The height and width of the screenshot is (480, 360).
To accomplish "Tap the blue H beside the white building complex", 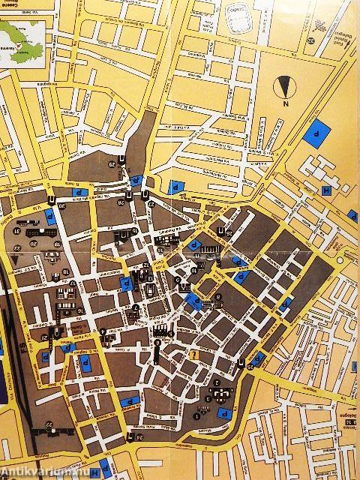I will (x=327, y=190).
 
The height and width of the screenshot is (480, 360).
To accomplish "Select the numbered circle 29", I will (x=113, y=164).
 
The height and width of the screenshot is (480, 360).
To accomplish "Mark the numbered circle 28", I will (x=121, y=203).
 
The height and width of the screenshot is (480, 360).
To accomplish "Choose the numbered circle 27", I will (x=151, y=203).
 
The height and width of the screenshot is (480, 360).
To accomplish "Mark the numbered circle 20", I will (x=33, y=244).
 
